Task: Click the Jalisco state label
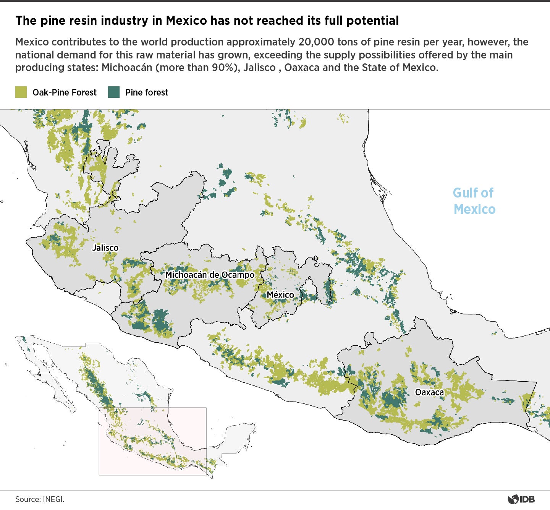click(x=105, y=248)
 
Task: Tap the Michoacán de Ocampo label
click(x=210, y=275)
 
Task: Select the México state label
click(x=280, y=295)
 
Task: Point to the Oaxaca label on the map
click(x=429, y=392)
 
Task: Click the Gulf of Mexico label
click(x=474, y=201)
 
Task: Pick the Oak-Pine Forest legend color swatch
click(x=21, y=92)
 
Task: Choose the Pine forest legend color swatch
click(x=114, y=92)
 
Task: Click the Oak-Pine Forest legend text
click(x=65, y=92)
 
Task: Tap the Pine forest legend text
click(x=147, y=92)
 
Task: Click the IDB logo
click(x=521, y=499)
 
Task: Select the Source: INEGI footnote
click(x=40, y=499)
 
